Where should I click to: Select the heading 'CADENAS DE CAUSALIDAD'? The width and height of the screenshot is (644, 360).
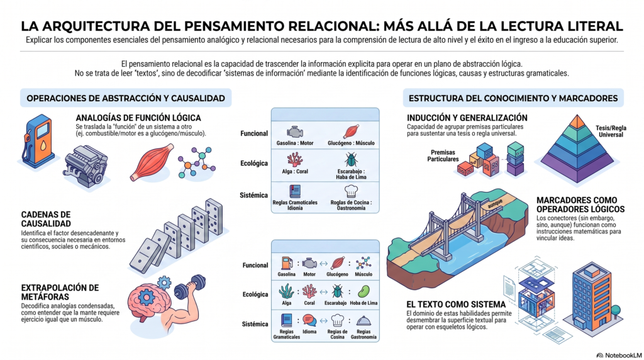click(x=46, y=219)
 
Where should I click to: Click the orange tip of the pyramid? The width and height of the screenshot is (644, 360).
click(x=577, y=121)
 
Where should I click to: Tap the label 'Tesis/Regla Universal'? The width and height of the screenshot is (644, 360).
click(x=611, y=131)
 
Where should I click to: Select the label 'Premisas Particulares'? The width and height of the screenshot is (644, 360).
click(x=443, y=155)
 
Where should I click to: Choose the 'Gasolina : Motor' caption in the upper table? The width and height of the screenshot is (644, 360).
click(x=295, y=143)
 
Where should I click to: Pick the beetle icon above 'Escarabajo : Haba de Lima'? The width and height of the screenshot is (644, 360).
click(x=351, y=159)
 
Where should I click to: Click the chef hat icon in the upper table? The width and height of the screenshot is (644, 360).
click(x=351, y=191)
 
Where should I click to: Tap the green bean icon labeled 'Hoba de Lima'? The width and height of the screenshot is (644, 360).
click(x=364, y=291)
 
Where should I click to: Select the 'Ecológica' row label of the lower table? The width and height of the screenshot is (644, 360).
click(x=255, y=295)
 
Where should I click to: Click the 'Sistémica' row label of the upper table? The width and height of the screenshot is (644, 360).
click(x=254, y=195)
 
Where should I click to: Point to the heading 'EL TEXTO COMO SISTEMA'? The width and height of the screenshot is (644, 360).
click(x=456, y=305)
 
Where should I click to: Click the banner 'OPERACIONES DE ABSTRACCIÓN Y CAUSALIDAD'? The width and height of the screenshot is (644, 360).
click(x=126, y=98)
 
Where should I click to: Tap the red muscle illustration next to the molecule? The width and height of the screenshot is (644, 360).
click(x=152, y=162)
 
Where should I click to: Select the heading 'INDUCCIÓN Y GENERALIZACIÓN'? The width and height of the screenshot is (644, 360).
click(x=467, y=118)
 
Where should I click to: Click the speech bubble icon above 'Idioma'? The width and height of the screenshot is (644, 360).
click(x=309, y=320)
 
